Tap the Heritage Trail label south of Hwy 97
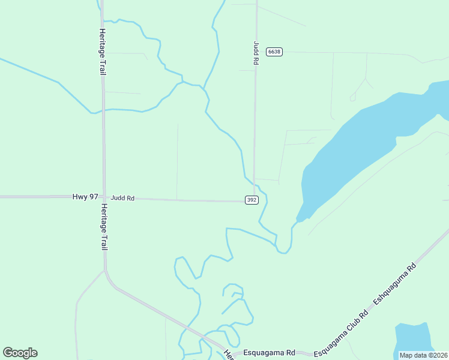point(103,226)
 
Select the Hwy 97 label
point(85,197)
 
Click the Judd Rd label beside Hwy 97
point(122,197)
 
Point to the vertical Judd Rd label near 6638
point(256,53)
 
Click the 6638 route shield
point(274,52)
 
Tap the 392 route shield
point(252,200)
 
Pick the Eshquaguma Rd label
point(394,283)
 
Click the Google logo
point(20,353)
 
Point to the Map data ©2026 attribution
point(423,355)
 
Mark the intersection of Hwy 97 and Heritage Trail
point(103,196)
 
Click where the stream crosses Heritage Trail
point(103,110)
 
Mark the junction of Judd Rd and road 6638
point(256,52)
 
